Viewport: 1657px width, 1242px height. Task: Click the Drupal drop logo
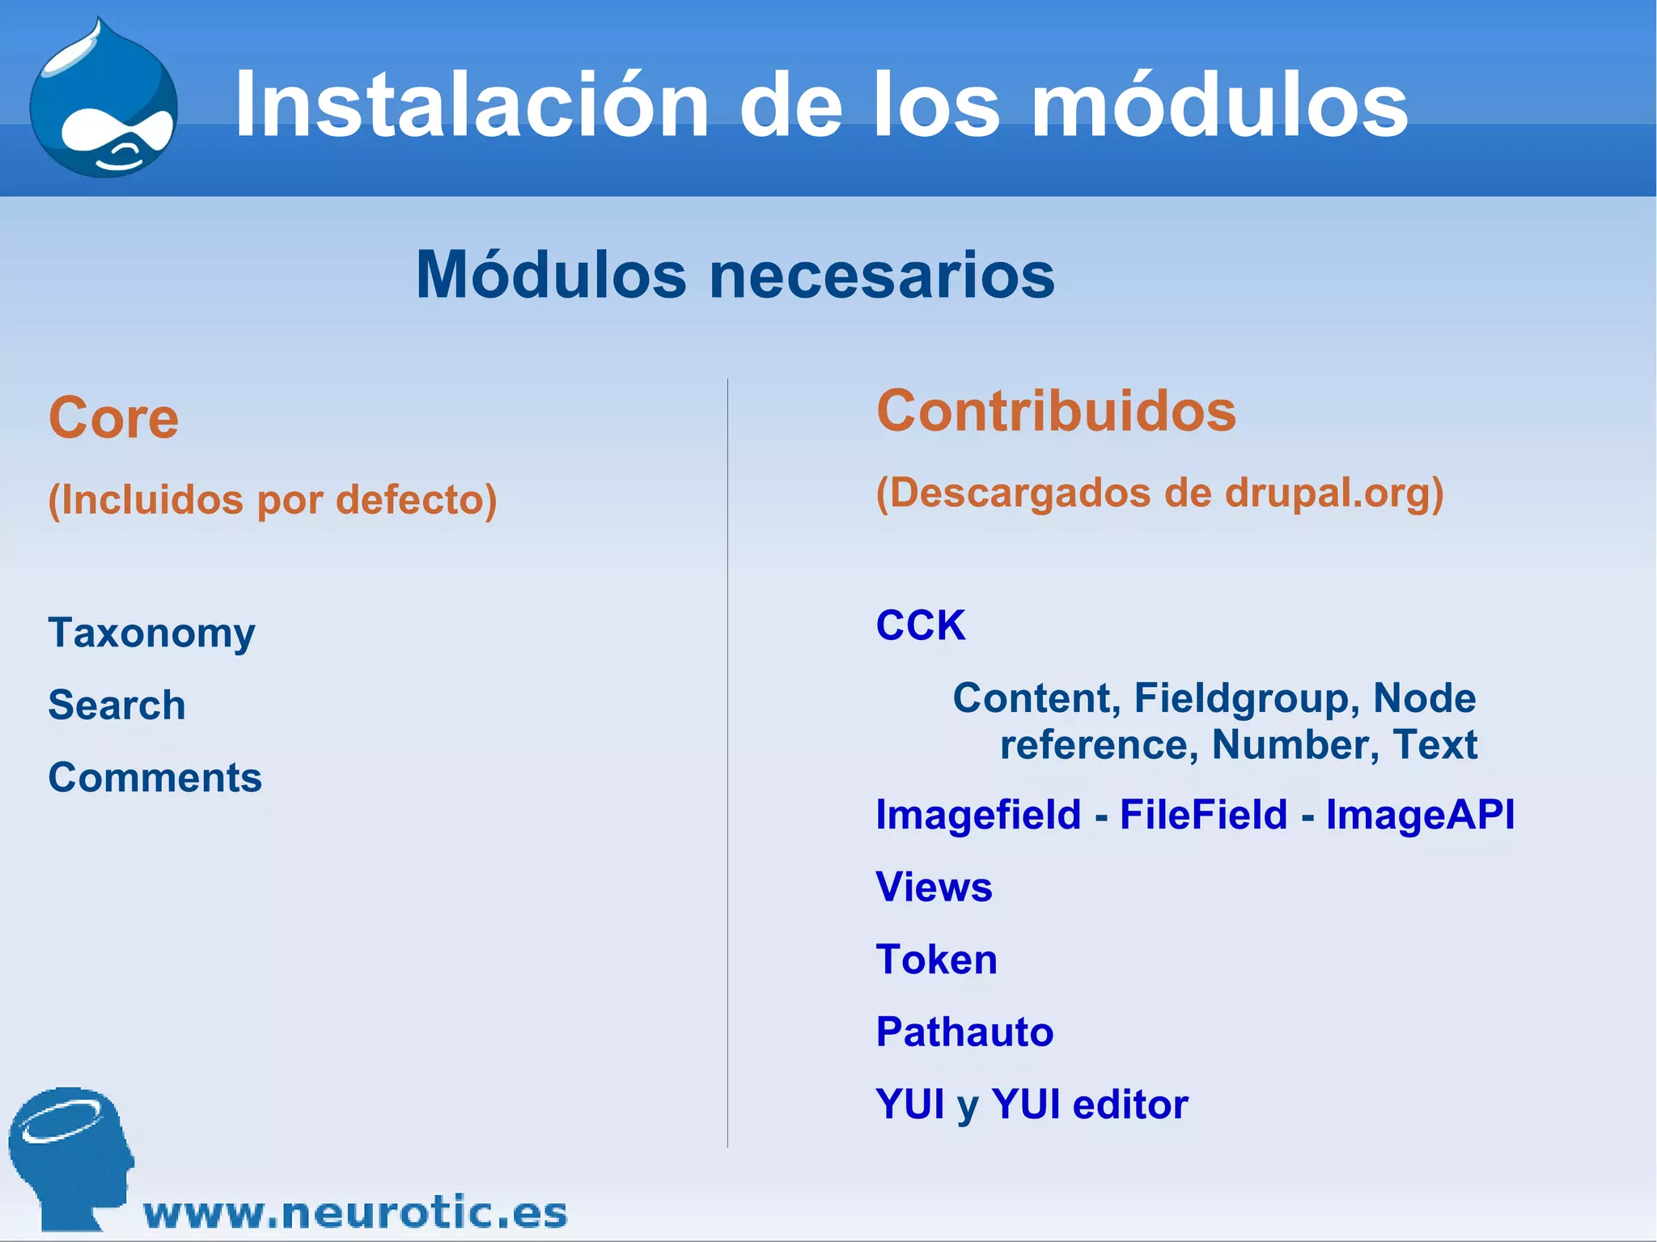click(104, 101)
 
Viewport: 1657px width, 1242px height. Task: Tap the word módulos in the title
click(1219, 105)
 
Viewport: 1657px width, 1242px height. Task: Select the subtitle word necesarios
click(882, 275)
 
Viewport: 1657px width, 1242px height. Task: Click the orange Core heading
click(113, 418)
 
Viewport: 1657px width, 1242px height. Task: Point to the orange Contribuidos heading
click(1056, 411)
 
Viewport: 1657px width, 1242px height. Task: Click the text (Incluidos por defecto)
click(273, 499)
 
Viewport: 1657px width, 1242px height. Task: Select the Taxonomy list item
click(151, 633)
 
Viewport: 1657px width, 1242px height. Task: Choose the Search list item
click(117, 705)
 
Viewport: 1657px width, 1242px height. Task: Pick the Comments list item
click(155, 778)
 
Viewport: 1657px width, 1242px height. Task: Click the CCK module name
click(921, 625)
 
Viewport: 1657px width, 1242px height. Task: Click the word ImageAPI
click(1420, 814)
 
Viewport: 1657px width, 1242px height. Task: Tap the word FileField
click(1203, 814)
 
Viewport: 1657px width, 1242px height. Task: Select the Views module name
click(934, 887)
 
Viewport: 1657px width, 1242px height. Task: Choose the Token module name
click(936, 960)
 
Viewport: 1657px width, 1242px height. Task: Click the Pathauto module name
click(964, 1032)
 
